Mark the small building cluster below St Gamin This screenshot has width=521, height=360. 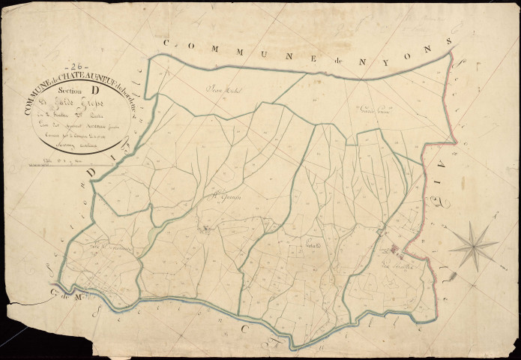203,229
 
